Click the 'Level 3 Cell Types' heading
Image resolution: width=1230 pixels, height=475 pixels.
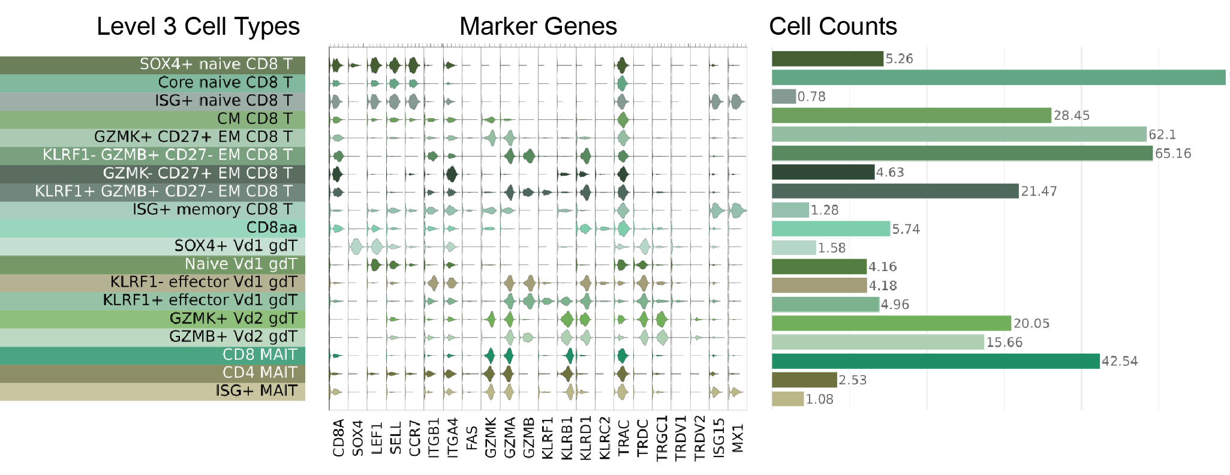(198, 26)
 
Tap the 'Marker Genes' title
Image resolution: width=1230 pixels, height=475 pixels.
(538, 26)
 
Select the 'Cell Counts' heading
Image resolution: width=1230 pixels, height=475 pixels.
(833, 26)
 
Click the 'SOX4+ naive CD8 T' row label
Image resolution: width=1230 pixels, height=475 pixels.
(216, 64)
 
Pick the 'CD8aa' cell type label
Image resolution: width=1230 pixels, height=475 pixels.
(272, 228)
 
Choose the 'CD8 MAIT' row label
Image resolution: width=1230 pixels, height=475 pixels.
(260, 355)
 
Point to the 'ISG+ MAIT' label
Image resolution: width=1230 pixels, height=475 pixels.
(256, 391)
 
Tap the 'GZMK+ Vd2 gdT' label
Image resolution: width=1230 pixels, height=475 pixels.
(233, 318)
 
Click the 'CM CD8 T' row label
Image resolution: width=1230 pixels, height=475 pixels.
(255, 119)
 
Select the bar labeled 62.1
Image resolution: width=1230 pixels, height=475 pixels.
(958, 134)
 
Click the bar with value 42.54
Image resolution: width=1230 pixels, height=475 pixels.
(936, 361)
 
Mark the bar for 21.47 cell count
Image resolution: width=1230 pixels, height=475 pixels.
(895, 191)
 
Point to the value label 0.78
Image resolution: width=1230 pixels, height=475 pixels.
(811, 97)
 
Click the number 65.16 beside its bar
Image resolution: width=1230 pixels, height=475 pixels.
(1173, 154)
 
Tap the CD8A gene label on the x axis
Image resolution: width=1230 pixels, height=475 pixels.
(339, 438)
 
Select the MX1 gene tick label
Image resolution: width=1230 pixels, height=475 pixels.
(738, 438)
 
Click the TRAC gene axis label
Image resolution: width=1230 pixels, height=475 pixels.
(624, 438)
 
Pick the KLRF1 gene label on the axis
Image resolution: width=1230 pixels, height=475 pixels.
(548, 438)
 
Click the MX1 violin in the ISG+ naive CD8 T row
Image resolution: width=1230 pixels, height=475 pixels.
(736, 102)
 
